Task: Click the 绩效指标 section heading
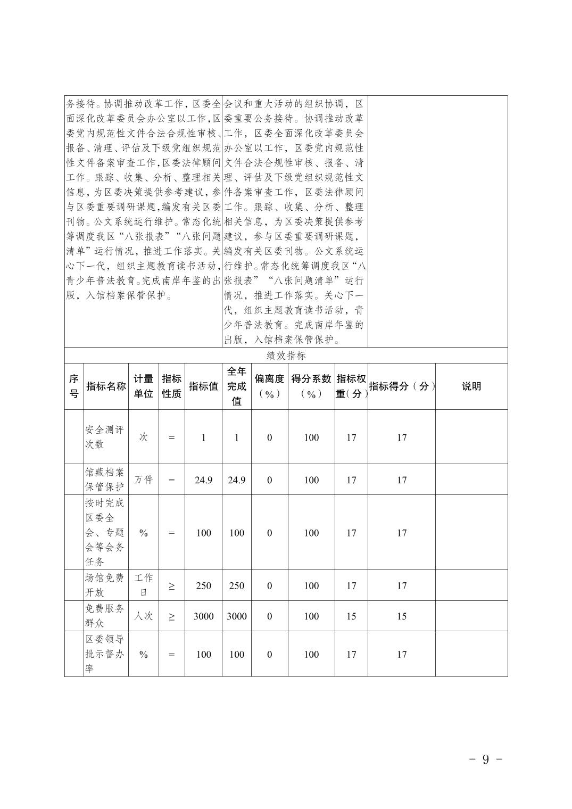[286, 356]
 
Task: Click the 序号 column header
[74, 386]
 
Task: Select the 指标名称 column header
[106, 386]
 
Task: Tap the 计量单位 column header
[143, 386]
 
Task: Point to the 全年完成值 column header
[236, 386]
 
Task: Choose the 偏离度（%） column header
[269, 386]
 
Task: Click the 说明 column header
[471, 386]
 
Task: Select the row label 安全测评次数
[105, 437]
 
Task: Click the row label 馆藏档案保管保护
[105, 480]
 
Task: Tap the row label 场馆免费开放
[105, 585]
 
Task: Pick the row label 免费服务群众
[105, 616]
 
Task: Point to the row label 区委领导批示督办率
[105, 654]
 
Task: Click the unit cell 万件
[143, 480]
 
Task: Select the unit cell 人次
[143, 616]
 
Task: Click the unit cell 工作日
[143, 585]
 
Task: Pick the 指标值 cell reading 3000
[203, 616]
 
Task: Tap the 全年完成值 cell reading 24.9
[236, 480]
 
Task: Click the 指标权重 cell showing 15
[351, 616]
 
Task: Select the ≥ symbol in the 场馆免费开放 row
[171, 586]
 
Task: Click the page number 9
[485, 760]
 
